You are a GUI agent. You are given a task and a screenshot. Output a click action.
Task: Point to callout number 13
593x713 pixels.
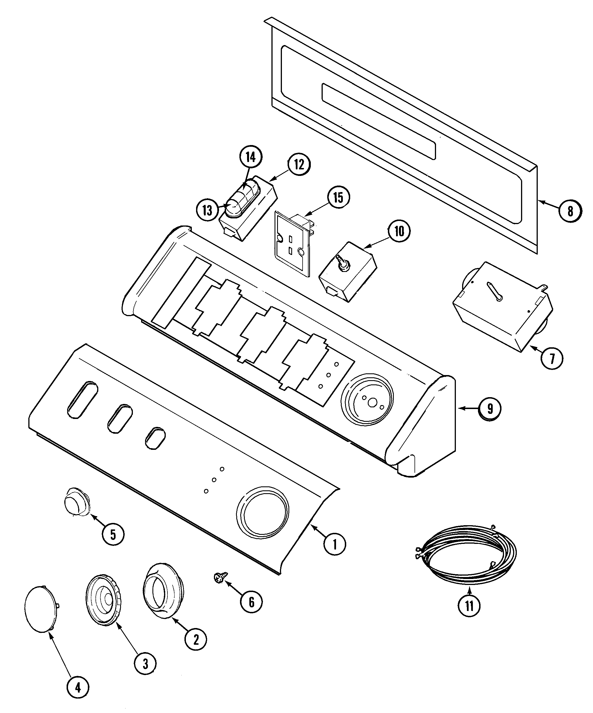click(x=207, y=210)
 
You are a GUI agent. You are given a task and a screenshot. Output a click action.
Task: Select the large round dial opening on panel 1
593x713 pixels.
click(x=263, y=513)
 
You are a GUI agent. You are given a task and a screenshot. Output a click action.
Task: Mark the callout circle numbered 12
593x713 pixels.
click(x=299, y=164)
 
